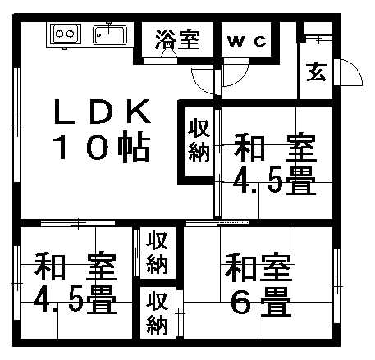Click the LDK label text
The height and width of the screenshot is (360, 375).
103,112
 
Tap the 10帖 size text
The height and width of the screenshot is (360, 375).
102,147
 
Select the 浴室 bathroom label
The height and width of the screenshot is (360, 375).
177,40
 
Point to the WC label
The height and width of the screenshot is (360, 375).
247,42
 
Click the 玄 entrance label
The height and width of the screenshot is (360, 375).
317,72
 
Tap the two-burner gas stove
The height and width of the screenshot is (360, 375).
65,34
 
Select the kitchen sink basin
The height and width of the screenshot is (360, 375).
110,34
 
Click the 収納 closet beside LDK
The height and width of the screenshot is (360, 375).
199,140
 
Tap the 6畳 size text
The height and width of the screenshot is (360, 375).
260,301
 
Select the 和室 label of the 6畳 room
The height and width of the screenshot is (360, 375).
258,268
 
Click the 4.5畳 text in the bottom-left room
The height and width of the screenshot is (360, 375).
75,299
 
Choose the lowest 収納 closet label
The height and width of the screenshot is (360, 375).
158,313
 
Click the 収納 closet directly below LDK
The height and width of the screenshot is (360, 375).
158,252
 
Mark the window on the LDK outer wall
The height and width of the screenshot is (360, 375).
17,125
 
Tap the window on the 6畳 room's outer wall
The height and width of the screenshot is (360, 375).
336,286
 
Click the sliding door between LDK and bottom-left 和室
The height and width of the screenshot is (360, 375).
78,223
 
